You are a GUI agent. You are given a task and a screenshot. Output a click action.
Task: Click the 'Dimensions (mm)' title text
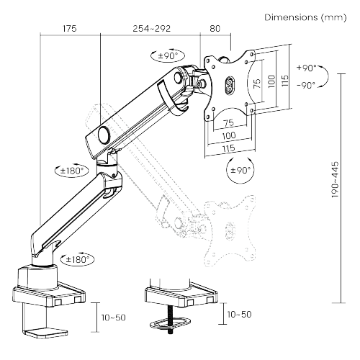[x=308, y=17]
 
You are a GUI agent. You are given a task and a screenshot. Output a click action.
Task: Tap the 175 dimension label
[x=69, y=29]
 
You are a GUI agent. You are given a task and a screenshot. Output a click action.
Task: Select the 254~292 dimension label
[x=151, y=29]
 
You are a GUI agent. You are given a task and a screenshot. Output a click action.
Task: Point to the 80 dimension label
[x=215, y=29]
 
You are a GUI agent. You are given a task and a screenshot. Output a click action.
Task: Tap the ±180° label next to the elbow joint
[x=71, y=171]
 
